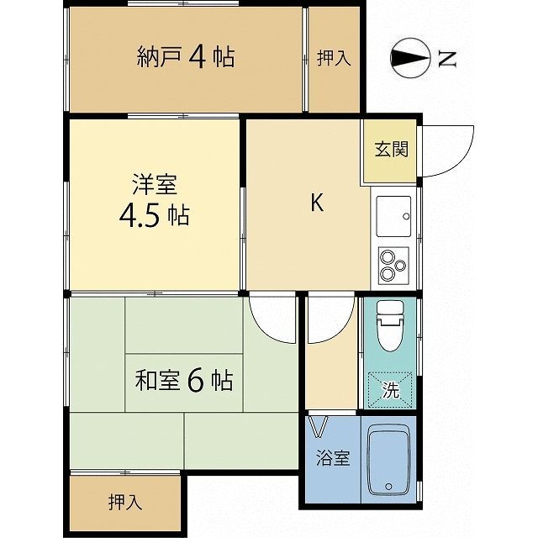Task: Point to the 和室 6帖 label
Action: click(x=184, y=381)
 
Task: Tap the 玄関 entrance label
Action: click(x=391, y=151)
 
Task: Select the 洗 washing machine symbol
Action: click(x=391, y=390)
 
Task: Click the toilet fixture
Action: click(x=391, y=325)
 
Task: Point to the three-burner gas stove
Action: click(x=393, y=265)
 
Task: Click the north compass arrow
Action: click(x=409, y=58)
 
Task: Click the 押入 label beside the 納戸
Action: click(x=333, y=57)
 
